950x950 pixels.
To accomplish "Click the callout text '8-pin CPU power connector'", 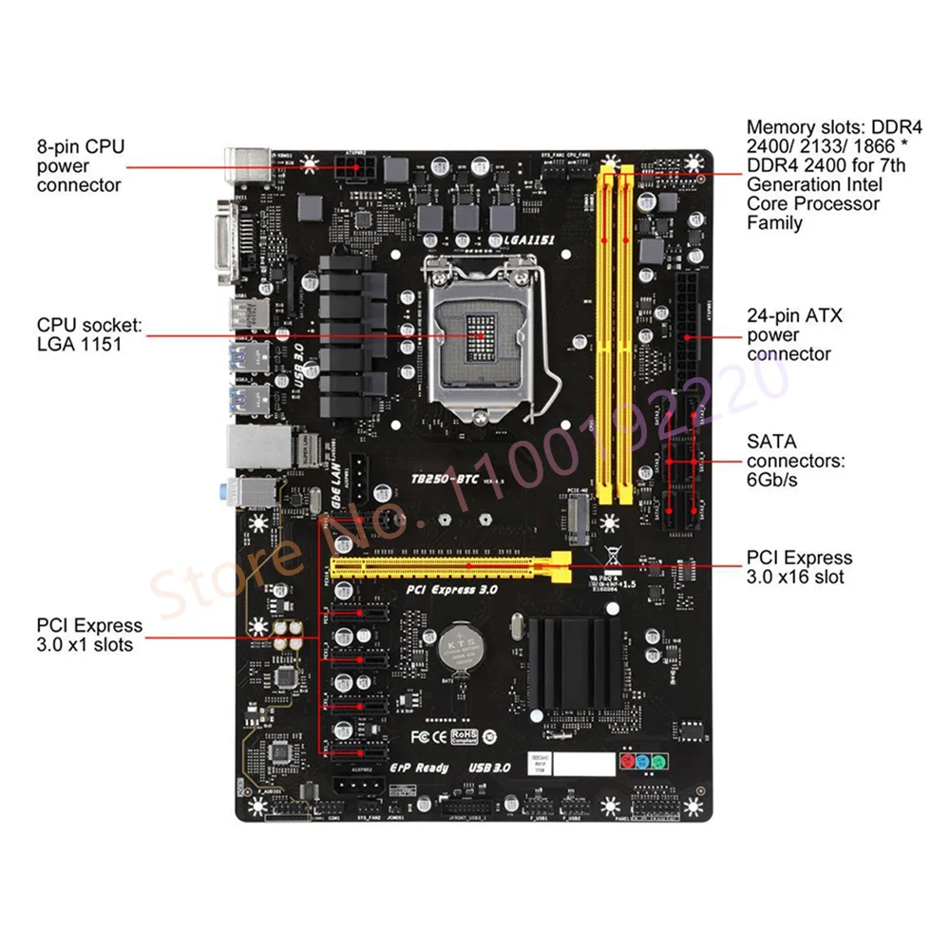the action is pyautogui.click(x=80, y=165).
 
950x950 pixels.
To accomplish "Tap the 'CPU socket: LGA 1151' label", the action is pyautogui.click(x=89, y=334).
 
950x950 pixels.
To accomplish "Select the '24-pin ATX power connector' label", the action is pyautogui.click(x=794, y=334).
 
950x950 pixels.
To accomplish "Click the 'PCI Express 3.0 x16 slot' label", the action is pyautogui.click(x=799, y=567).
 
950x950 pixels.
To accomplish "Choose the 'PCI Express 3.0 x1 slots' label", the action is pyautogui.click(x=89, y=635).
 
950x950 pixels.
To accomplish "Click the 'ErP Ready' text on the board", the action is pyautogui.click(x=419, y=767).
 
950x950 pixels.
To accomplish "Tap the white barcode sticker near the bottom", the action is pyautogui.click(x=579, y=764).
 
